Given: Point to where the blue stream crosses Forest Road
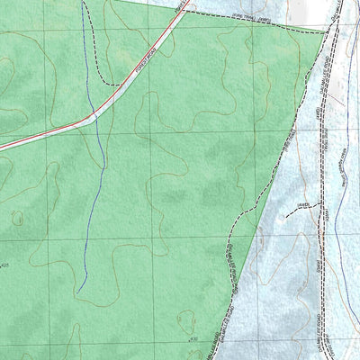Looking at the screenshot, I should coord(91,116).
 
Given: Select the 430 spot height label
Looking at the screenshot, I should coord(193,338).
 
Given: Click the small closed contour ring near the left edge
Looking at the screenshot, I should coord(16,216).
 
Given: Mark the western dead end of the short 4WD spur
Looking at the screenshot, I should coord(285,216).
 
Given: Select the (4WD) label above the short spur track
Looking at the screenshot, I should coord(303,205).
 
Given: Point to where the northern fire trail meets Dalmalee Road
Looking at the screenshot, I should coord(325,32).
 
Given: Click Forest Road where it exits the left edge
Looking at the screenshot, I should coord(2,147).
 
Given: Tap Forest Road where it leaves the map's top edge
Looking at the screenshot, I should coord(188,2).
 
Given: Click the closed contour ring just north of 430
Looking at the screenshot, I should coord(186,319).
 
